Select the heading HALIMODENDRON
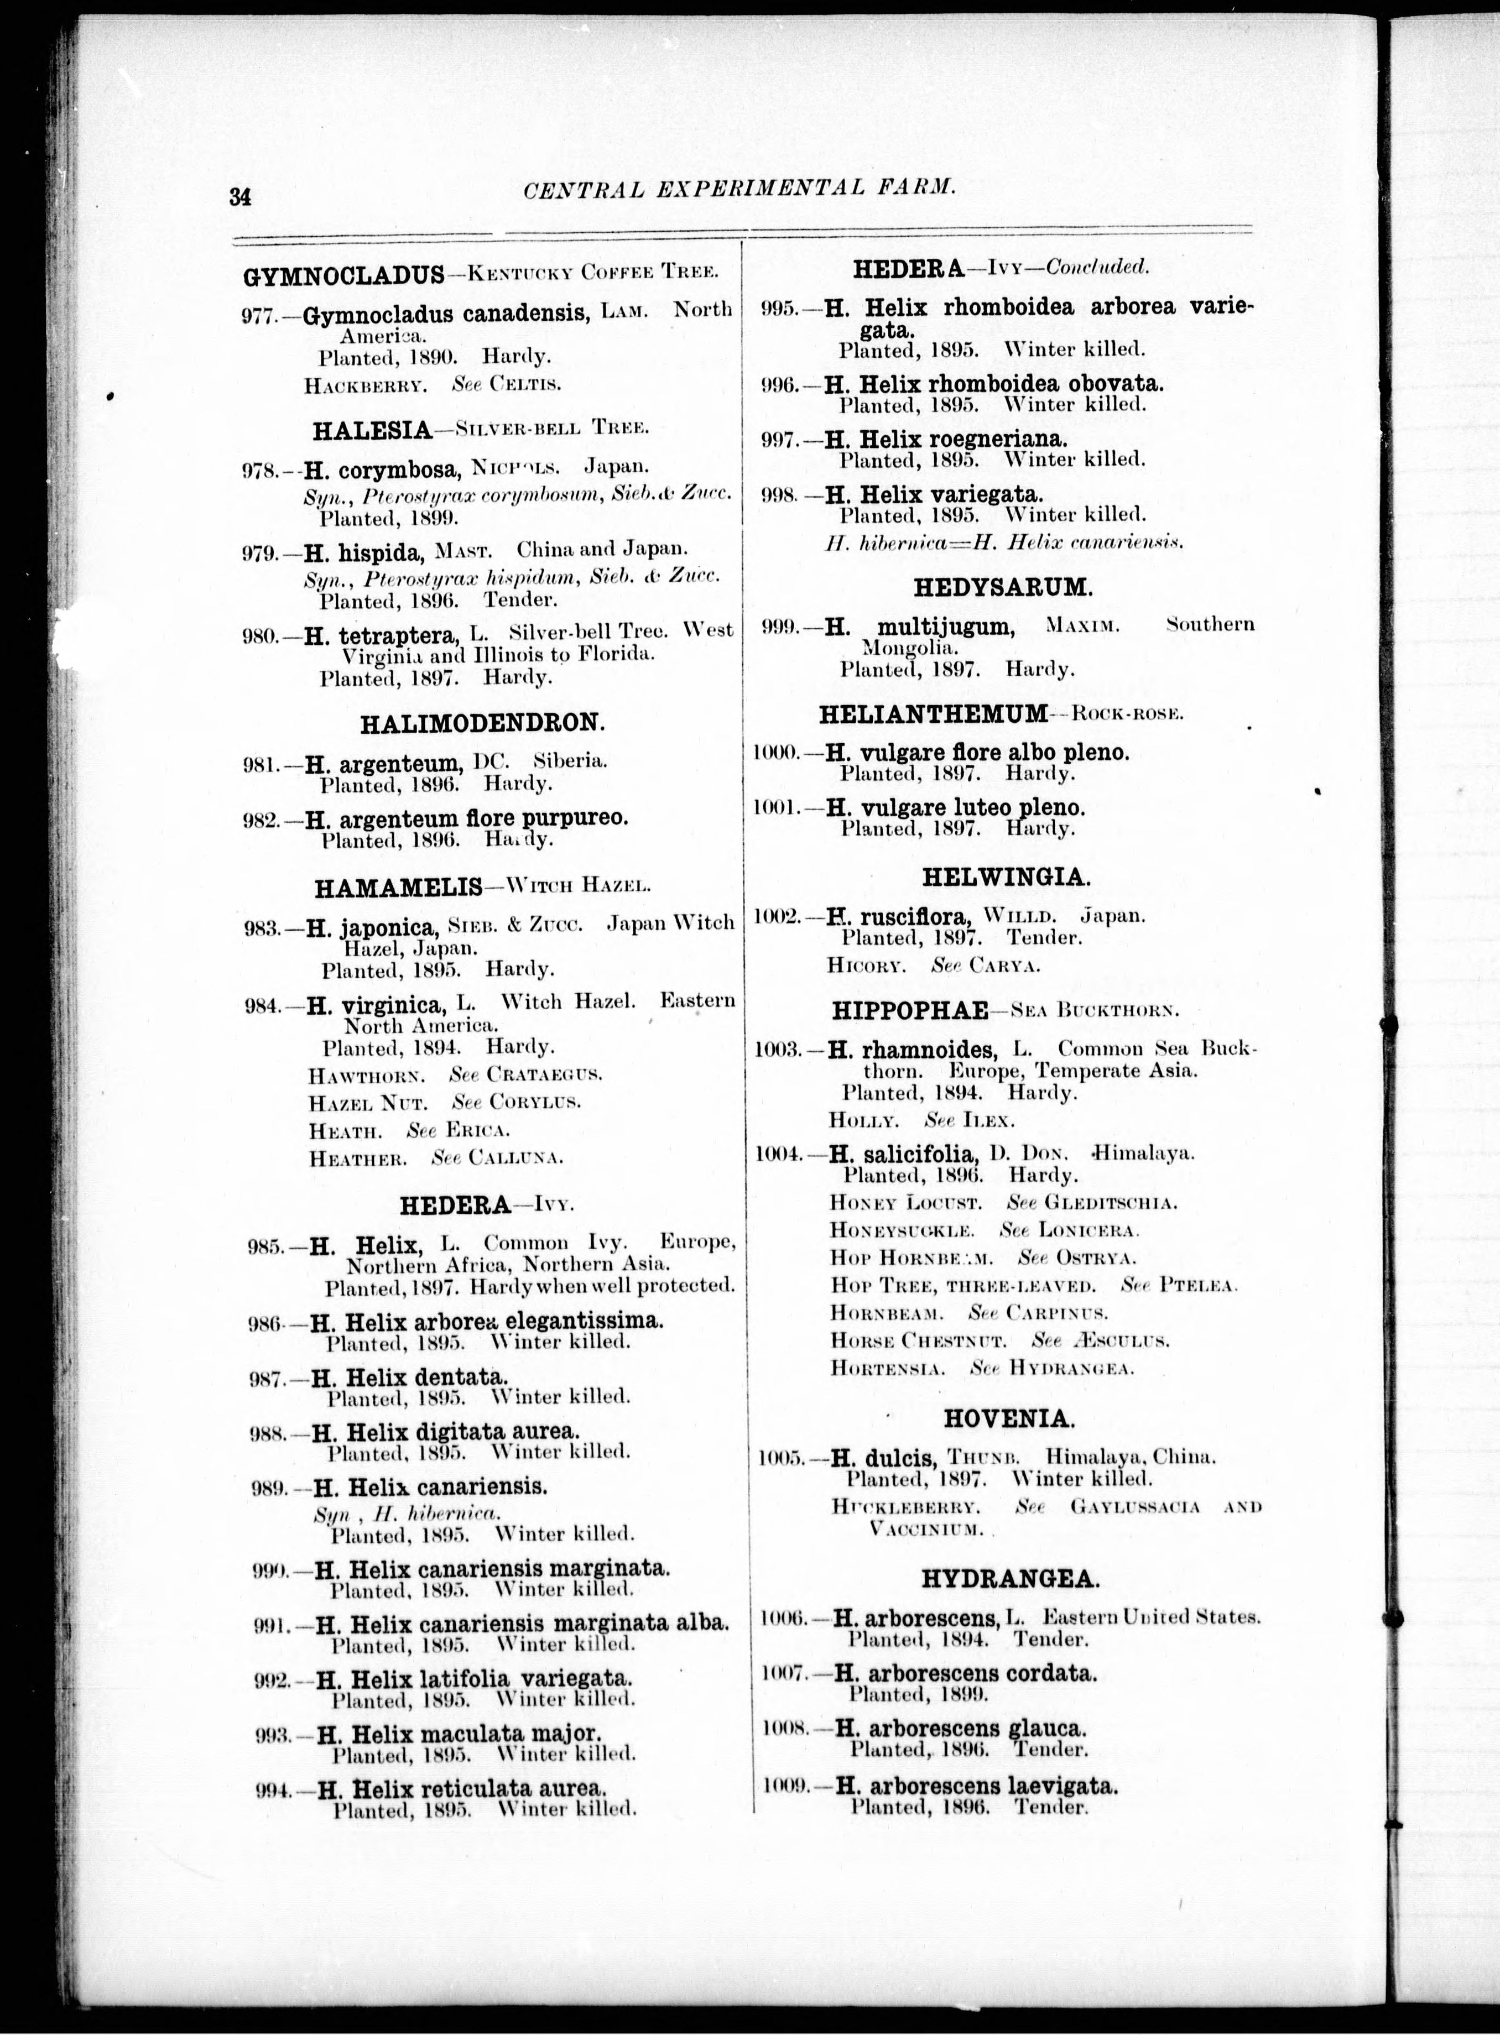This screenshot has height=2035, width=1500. coord(482,723)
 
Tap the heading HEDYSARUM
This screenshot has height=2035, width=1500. coord(1003,587)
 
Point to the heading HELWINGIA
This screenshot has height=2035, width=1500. coord(1005,878)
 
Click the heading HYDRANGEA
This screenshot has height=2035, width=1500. coord(1010,1579)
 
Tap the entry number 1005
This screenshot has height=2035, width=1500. coord(780,1459)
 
